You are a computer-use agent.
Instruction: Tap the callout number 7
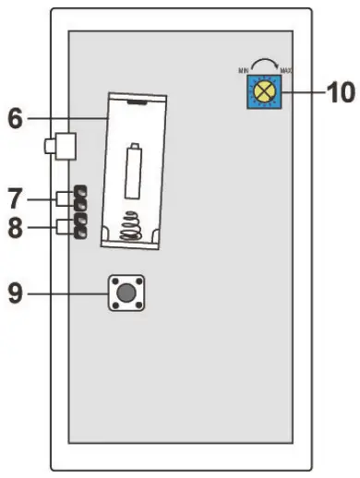16,197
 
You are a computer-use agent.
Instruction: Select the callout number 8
16,228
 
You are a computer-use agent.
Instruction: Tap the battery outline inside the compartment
134,172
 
